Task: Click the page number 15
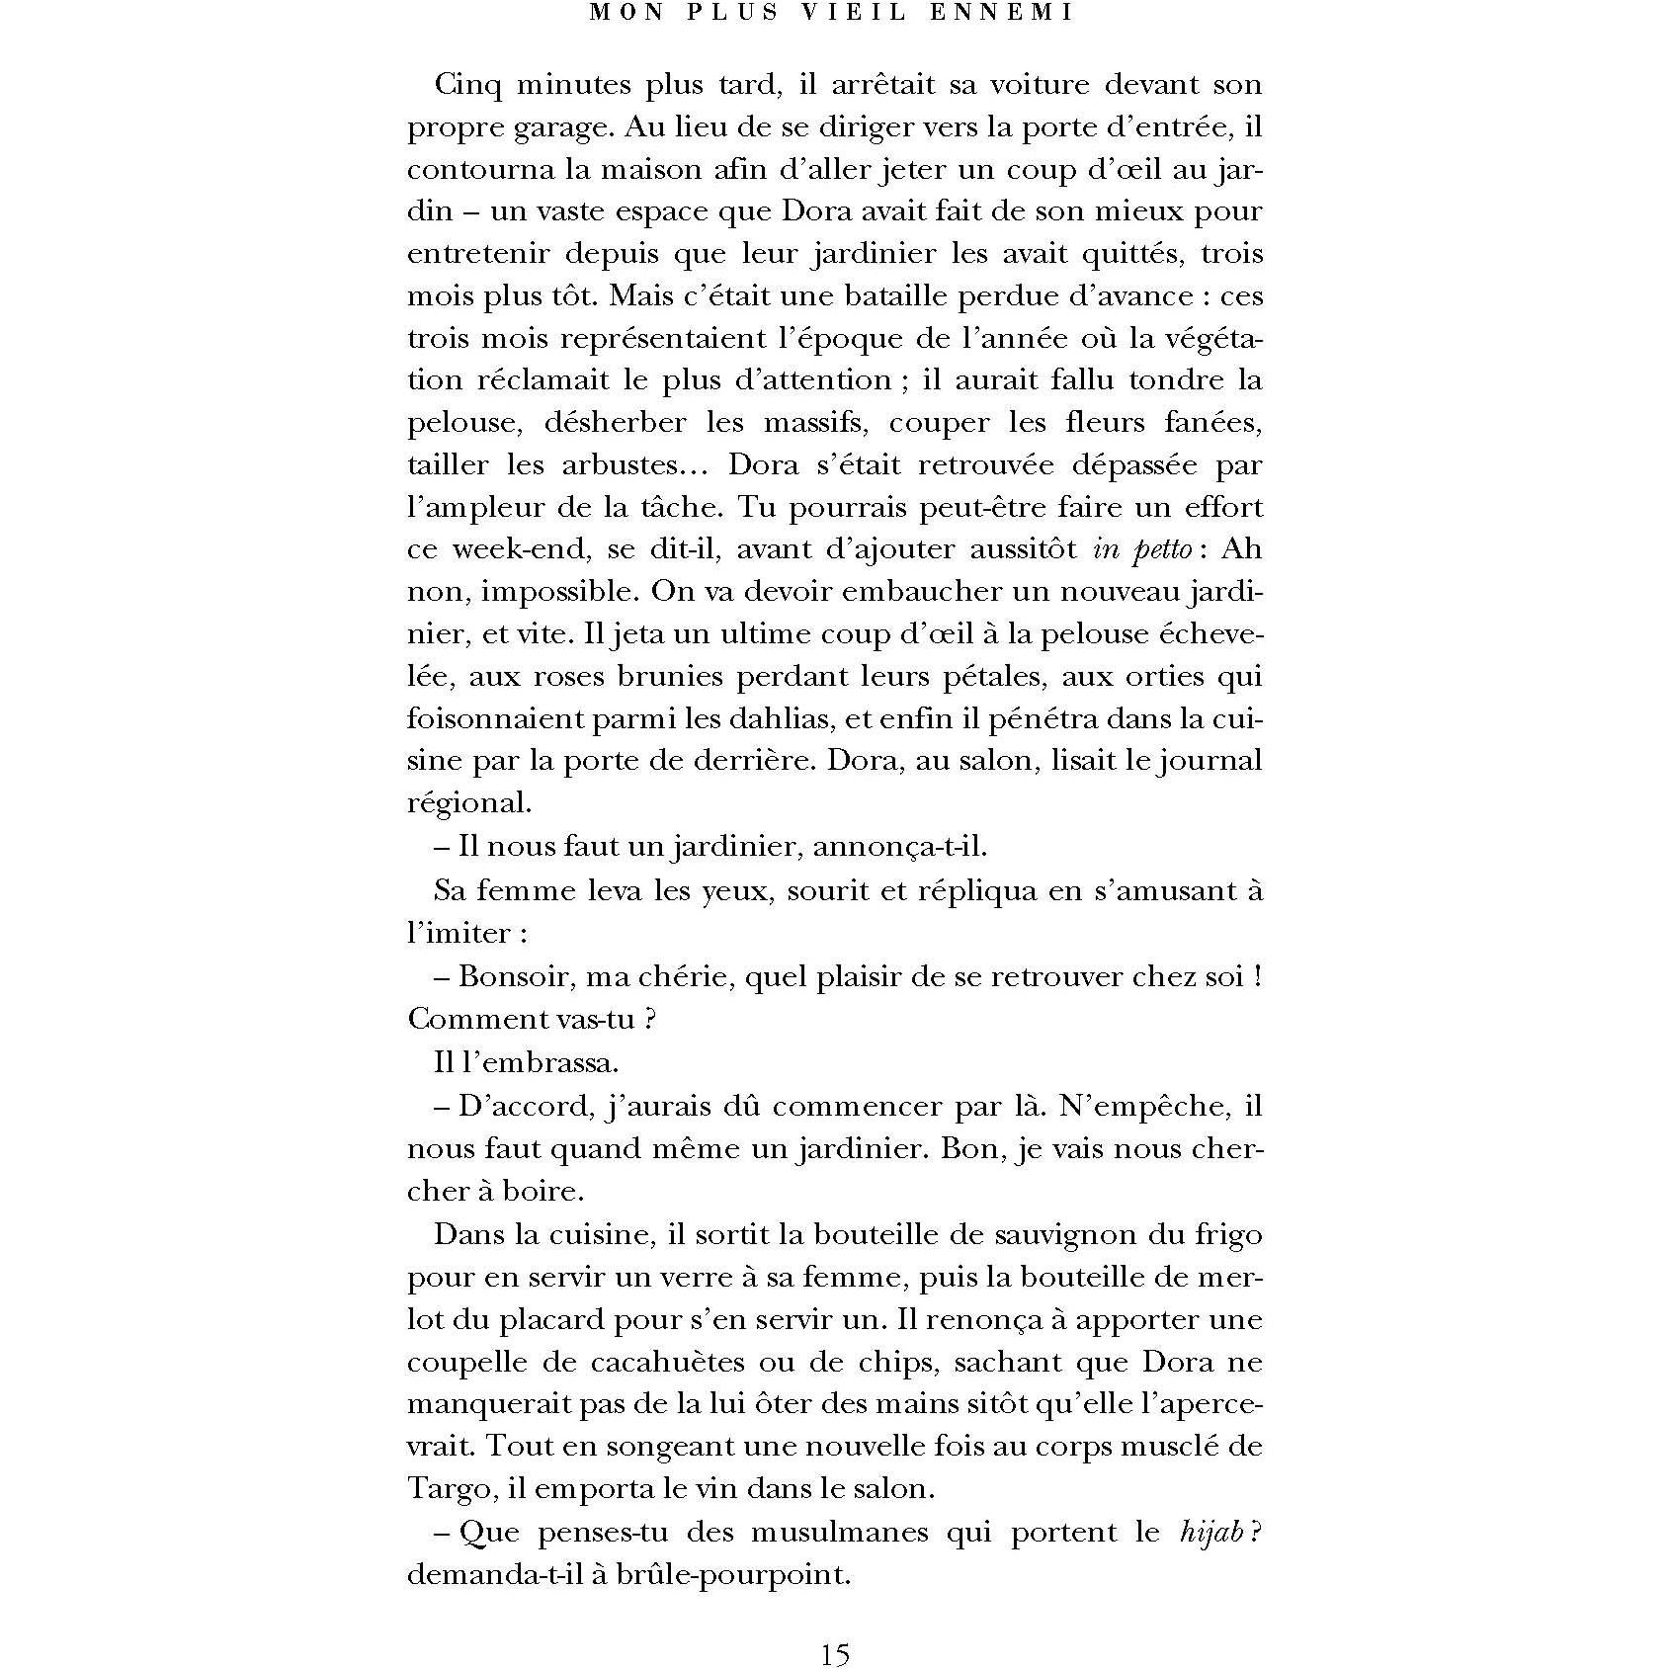(x=834, y=1653)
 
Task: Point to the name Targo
(x=446, y=1490)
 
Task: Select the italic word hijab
(x=1210, y=1533)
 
